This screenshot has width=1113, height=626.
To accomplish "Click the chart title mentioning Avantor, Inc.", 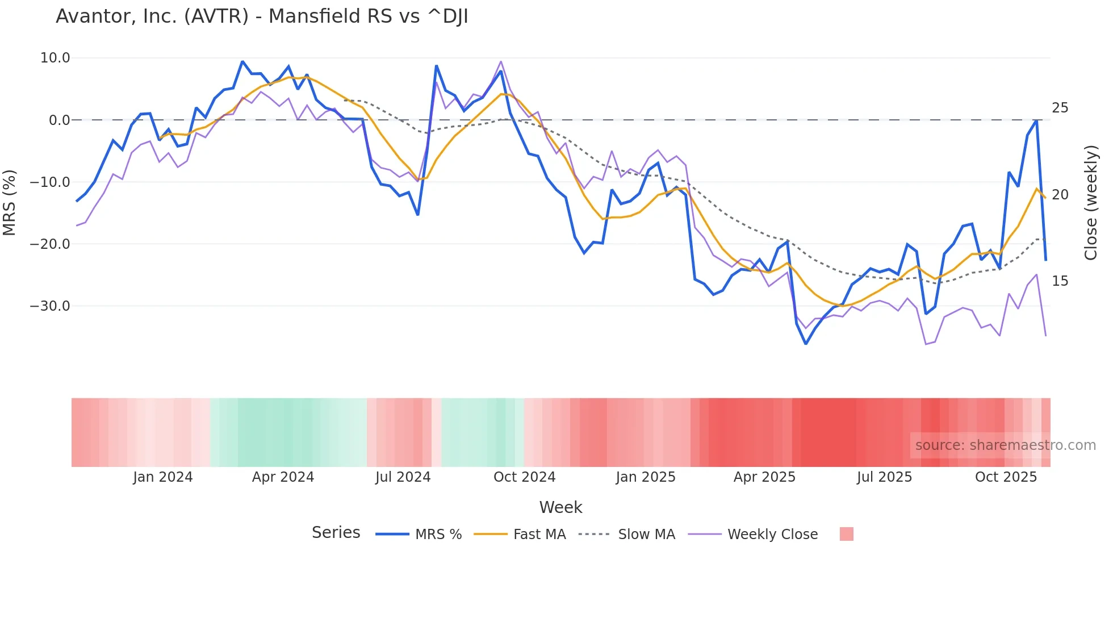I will [262, 16].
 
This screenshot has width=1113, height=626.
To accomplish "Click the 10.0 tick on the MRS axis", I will [55, 58].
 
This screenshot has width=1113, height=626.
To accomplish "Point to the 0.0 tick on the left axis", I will [59, 120].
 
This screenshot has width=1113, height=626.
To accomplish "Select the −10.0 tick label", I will [50, 182].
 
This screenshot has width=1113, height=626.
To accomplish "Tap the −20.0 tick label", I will [50, 244].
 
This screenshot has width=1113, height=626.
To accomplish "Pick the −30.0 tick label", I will [50, 306].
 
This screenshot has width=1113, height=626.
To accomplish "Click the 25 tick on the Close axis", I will [1060, 108].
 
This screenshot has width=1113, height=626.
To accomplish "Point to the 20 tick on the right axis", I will [1060, 195].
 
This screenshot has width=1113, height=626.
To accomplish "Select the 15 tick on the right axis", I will [1060, 281].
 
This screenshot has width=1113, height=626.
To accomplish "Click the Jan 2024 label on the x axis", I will [163, 477].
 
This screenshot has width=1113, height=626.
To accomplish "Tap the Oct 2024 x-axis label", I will [524, 477].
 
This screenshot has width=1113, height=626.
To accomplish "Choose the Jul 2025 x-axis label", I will [884, 477].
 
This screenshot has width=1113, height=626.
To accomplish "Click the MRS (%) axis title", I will [10, 202].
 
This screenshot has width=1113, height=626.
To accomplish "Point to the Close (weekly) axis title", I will [1090, 203].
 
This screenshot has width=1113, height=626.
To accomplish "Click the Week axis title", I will [560, 507].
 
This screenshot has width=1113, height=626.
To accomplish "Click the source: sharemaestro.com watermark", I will [1005, 445].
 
